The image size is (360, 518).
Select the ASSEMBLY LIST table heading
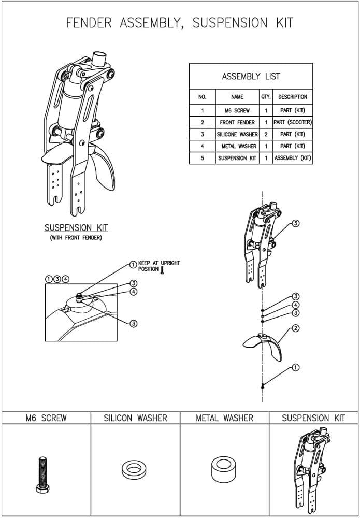coord(251,76)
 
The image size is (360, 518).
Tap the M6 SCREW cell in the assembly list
coord(237,110)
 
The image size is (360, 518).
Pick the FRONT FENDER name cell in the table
coord(237,122)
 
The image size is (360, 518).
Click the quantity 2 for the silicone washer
coord(266,134)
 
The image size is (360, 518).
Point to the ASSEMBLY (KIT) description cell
coord(293,158)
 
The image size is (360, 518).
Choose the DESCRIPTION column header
coord(293,97)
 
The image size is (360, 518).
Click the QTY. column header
coord(266,97)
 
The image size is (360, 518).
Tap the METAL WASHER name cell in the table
coord(237,146)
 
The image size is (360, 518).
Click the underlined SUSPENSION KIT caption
coord(76,228)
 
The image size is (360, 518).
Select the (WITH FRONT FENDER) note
coord(76,238)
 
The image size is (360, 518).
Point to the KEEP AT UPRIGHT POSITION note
coord(159,266)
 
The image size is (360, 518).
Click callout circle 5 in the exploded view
coord(296,223)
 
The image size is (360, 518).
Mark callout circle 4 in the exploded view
coord(296,305)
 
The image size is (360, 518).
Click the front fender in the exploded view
coord(262,343)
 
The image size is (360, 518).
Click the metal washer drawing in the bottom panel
coord(223,469)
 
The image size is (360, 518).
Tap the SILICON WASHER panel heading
coord(135,418)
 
